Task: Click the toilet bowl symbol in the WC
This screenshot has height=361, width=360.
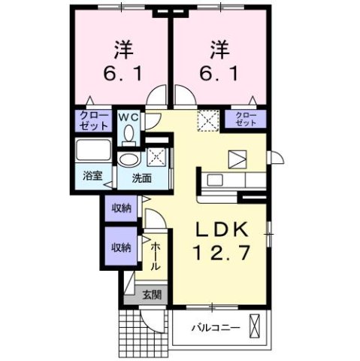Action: (x=129, y=133)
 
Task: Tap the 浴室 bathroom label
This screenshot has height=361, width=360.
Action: (x=93, y=176)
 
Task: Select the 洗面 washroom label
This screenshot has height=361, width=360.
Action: (x=142, y=179)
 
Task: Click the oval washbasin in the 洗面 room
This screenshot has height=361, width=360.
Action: (x=130, y=159)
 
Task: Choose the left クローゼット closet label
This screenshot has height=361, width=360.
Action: (x=92, y=120)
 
